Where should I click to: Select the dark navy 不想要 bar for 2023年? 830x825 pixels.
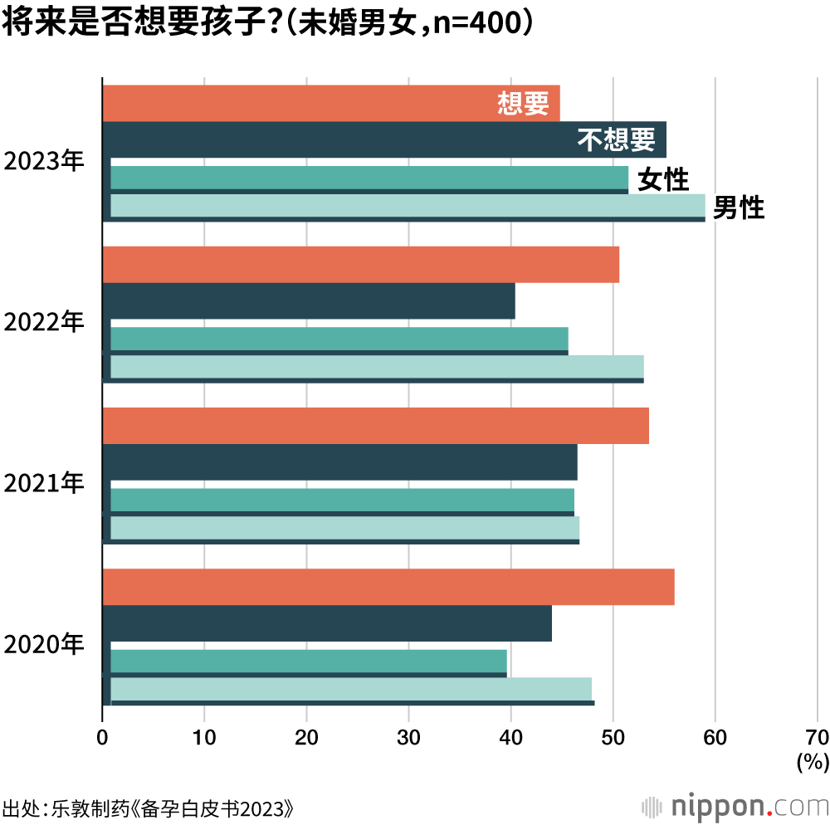coord(332,139)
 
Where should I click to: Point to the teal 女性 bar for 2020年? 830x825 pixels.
coord(308,661)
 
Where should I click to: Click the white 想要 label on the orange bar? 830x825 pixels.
coord(523,103)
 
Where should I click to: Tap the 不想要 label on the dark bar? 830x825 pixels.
coord(617,139)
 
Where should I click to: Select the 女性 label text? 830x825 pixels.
coord(663,178)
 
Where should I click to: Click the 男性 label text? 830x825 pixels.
coord(739,207)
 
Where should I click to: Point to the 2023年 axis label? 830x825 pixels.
coord(45,160)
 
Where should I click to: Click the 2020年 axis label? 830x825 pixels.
coord(45,643)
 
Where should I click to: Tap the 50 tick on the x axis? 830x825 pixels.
coord(613,736)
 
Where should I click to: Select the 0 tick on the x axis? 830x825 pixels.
coord(102,736)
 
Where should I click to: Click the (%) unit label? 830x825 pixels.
coord(812,761)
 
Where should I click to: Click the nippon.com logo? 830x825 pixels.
coord(735,806)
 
